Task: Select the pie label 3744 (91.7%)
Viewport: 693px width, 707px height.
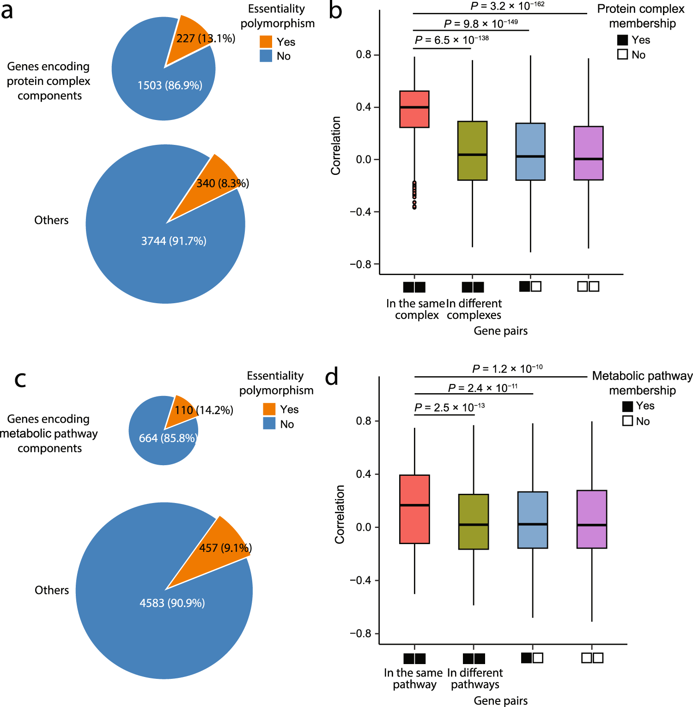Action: click(174, 241)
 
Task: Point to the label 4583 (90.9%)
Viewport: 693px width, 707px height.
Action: click(172, 603)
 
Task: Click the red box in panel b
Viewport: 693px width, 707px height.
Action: click(414, 109)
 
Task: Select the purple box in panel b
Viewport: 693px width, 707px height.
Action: click(588, 153)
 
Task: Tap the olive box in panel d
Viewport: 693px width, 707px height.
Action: click(473, 521)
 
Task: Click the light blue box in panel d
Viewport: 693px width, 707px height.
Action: click(532, 520)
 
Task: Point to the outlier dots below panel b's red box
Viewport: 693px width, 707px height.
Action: click(414, 195)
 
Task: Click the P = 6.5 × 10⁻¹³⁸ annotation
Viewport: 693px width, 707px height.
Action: click(451, 40)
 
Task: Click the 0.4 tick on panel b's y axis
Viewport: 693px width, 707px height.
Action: click(363, 107)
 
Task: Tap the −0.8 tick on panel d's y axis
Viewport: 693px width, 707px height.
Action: click(360, 634)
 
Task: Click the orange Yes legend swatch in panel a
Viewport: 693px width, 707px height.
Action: click(266, 42)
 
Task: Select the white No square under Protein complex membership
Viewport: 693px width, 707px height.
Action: click(622, 54)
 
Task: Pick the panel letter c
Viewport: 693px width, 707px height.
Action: click(20, 379)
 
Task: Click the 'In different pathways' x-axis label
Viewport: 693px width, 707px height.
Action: click(474, 678)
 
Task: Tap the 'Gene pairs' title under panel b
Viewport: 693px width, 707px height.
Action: click(500, 331)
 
